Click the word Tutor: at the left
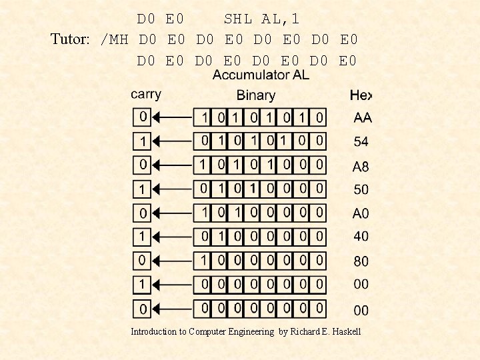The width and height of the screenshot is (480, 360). (70, 39)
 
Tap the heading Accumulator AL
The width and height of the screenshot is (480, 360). (261, 75)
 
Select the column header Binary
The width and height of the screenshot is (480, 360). (256, 95)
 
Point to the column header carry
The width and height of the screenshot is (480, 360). (146, 94)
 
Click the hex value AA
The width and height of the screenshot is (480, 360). (363, 118)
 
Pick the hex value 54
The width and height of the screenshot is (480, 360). (361, 141)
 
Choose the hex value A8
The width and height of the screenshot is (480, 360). (361, 166)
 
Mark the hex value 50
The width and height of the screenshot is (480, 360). (361, 189)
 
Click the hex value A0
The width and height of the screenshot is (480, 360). (361, 213)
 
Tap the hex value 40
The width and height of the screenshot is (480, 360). (361, 236)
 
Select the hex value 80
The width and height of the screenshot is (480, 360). (361, 261)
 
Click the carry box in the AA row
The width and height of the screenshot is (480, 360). (142, 117)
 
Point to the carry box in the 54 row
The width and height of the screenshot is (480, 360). (142, 141)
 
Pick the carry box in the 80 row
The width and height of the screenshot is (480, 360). (142, 260)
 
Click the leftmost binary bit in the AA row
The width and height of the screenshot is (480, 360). (203, 118)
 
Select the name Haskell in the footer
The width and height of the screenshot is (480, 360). (344, 331)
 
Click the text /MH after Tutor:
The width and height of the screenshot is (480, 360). (113, 39)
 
